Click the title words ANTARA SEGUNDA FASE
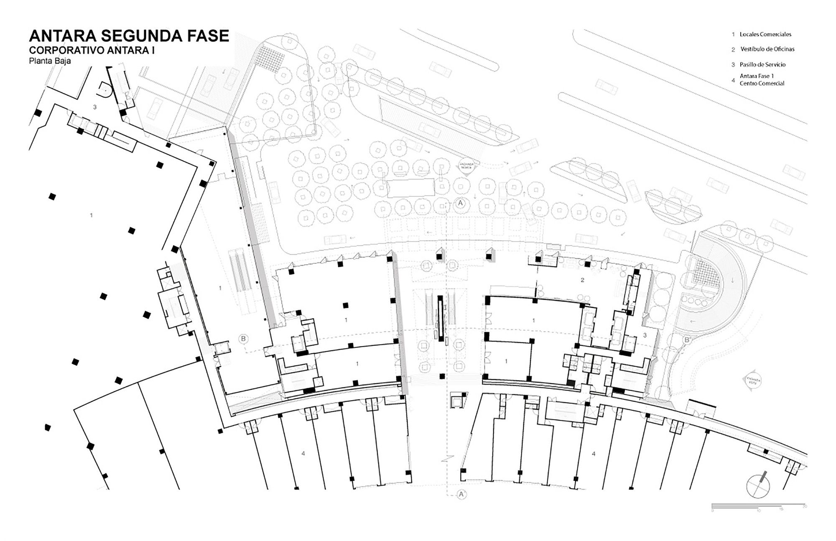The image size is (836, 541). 129,36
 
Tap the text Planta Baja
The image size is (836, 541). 50,61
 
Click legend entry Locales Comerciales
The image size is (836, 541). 765,34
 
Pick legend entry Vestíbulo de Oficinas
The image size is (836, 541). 767,49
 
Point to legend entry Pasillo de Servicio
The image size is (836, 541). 762,64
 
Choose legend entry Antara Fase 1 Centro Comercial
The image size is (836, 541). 762,80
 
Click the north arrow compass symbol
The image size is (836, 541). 758,486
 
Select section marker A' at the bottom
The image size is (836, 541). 461,494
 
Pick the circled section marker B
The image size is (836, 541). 244,339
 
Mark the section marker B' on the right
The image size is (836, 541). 687,340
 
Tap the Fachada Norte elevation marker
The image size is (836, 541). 467,165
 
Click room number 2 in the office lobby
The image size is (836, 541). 582,280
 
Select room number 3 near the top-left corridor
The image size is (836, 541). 95,107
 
